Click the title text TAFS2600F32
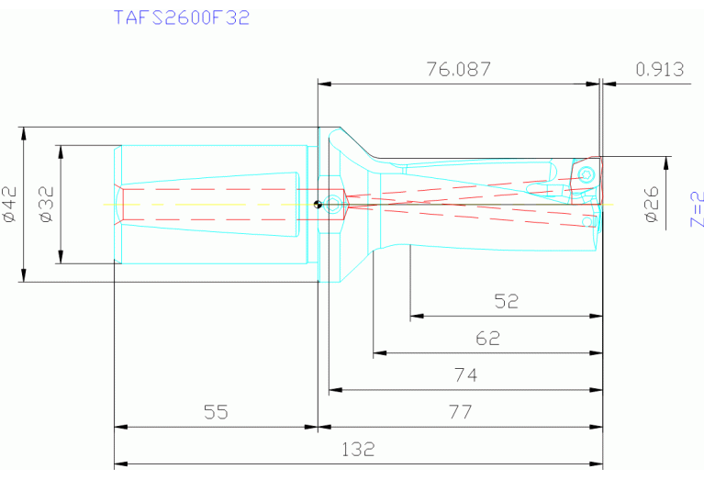coord(181,17)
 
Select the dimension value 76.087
coord(458,70)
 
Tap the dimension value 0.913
coord(659,70)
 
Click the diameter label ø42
coord(10,204)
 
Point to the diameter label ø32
coord(47,204)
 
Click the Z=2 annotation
coord(696,209)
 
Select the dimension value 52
coord(506,301)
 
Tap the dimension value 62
coord(487,338)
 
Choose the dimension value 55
coord(215,411)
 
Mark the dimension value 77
coord(460,411)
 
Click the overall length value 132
coord(358,449)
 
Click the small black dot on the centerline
coord(317,204)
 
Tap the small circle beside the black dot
coord(330,204)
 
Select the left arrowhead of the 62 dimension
coord(378,353)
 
